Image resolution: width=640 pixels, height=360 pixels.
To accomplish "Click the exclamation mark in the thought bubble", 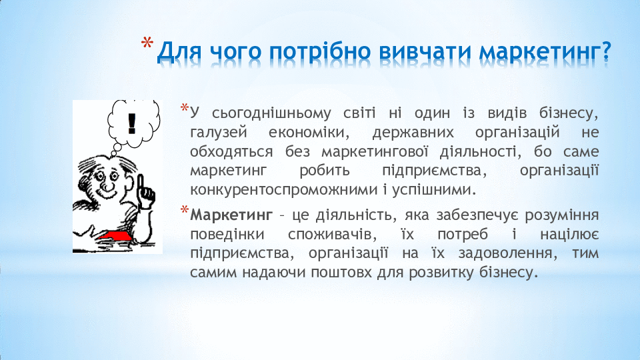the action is (x=131, y=123).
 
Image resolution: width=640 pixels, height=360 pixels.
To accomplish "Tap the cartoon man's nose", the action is (x=107, y=187).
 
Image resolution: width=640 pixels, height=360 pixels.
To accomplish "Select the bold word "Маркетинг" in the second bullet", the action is (x=231, y=215).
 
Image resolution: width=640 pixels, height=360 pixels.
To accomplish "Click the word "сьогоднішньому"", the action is (x=271, y=114).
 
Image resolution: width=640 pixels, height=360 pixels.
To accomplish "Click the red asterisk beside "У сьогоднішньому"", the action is (x=184, y=108).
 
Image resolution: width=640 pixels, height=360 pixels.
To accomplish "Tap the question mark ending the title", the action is (x=606, y=50).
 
